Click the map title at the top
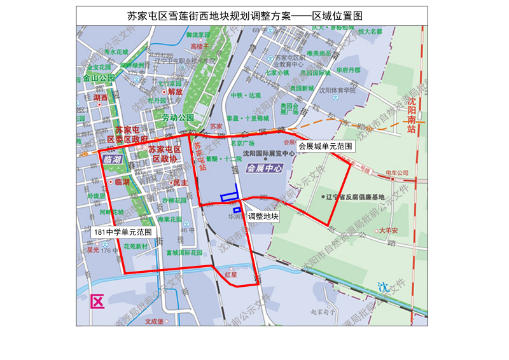click(x=249, y=15)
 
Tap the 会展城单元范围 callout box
click(x=325, y=146)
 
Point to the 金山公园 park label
click(x=98, y=78)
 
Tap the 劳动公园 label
click(x=178, y=118)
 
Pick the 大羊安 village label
click(x=388, y=230)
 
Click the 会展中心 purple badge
click(x=265, y=169)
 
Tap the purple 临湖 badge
click(x=112, y=158)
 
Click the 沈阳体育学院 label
click(x=337, y=91)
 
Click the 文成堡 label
click(x=154, y=321)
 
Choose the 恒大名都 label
click(x=370, y=31)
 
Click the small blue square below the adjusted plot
click(x=237, y=210)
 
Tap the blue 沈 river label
click(x=381, y=286)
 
